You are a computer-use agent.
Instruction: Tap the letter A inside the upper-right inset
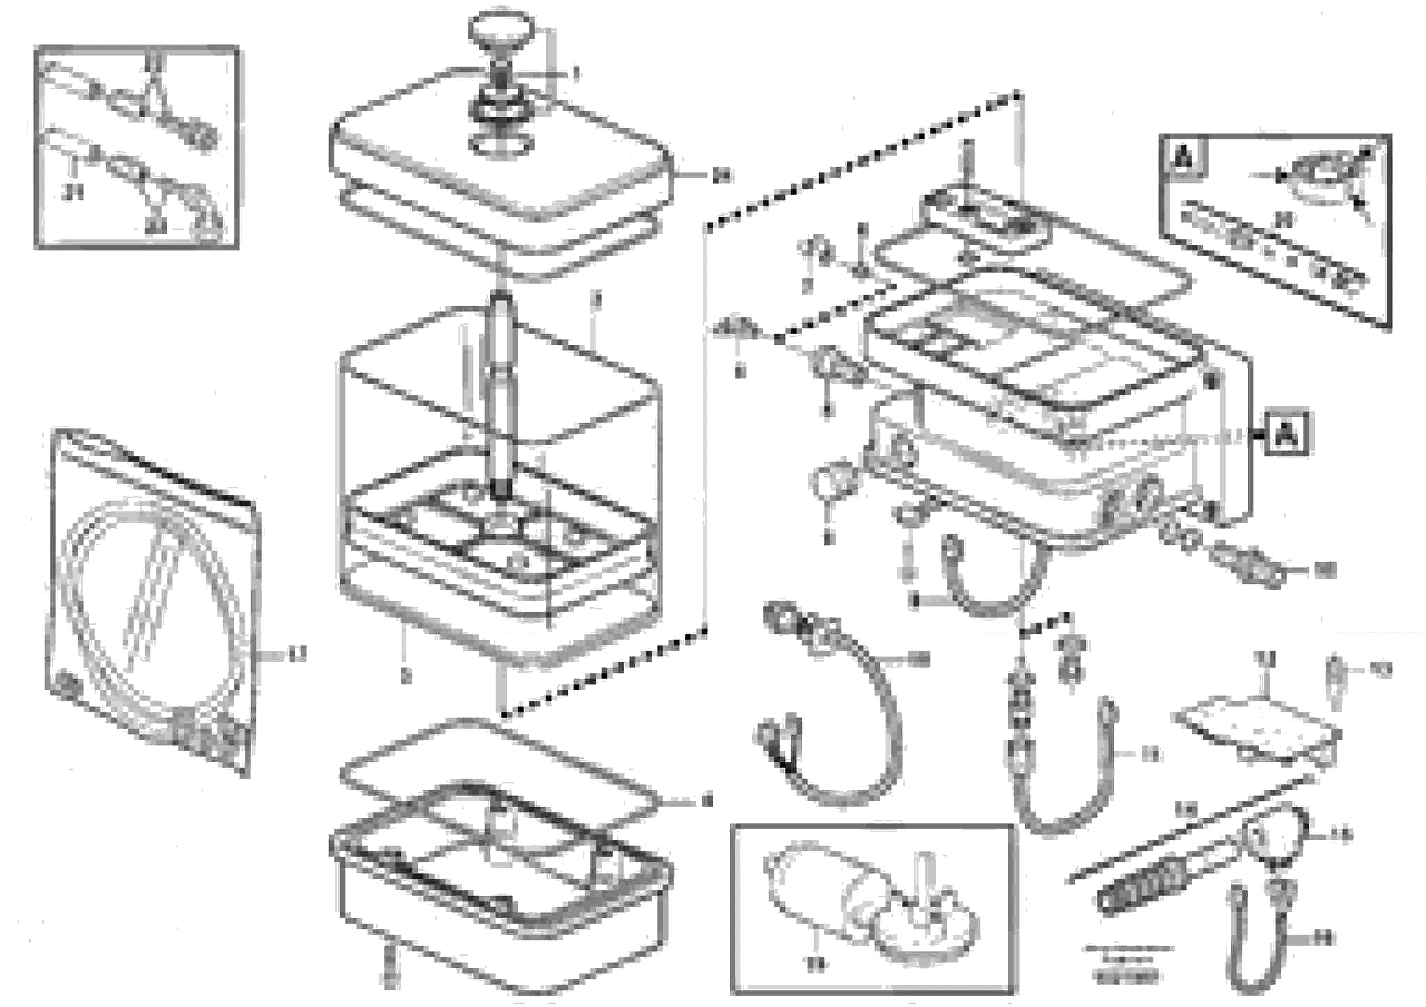(1184, 157)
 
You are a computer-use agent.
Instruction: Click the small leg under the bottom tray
(390, 972)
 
